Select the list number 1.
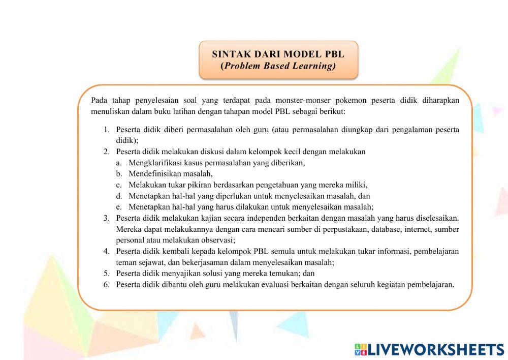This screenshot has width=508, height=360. click(x=107, y=130)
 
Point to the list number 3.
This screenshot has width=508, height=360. click(x=107, y=218)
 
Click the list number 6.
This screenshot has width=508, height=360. click(x=107, y=285)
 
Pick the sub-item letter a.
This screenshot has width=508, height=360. click(x=119, y=163)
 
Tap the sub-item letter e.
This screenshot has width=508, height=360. click(x=119, y=207)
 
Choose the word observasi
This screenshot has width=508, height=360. click(x=217, y=241)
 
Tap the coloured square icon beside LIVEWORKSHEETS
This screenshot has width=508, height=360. click(x=361, y=349)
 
